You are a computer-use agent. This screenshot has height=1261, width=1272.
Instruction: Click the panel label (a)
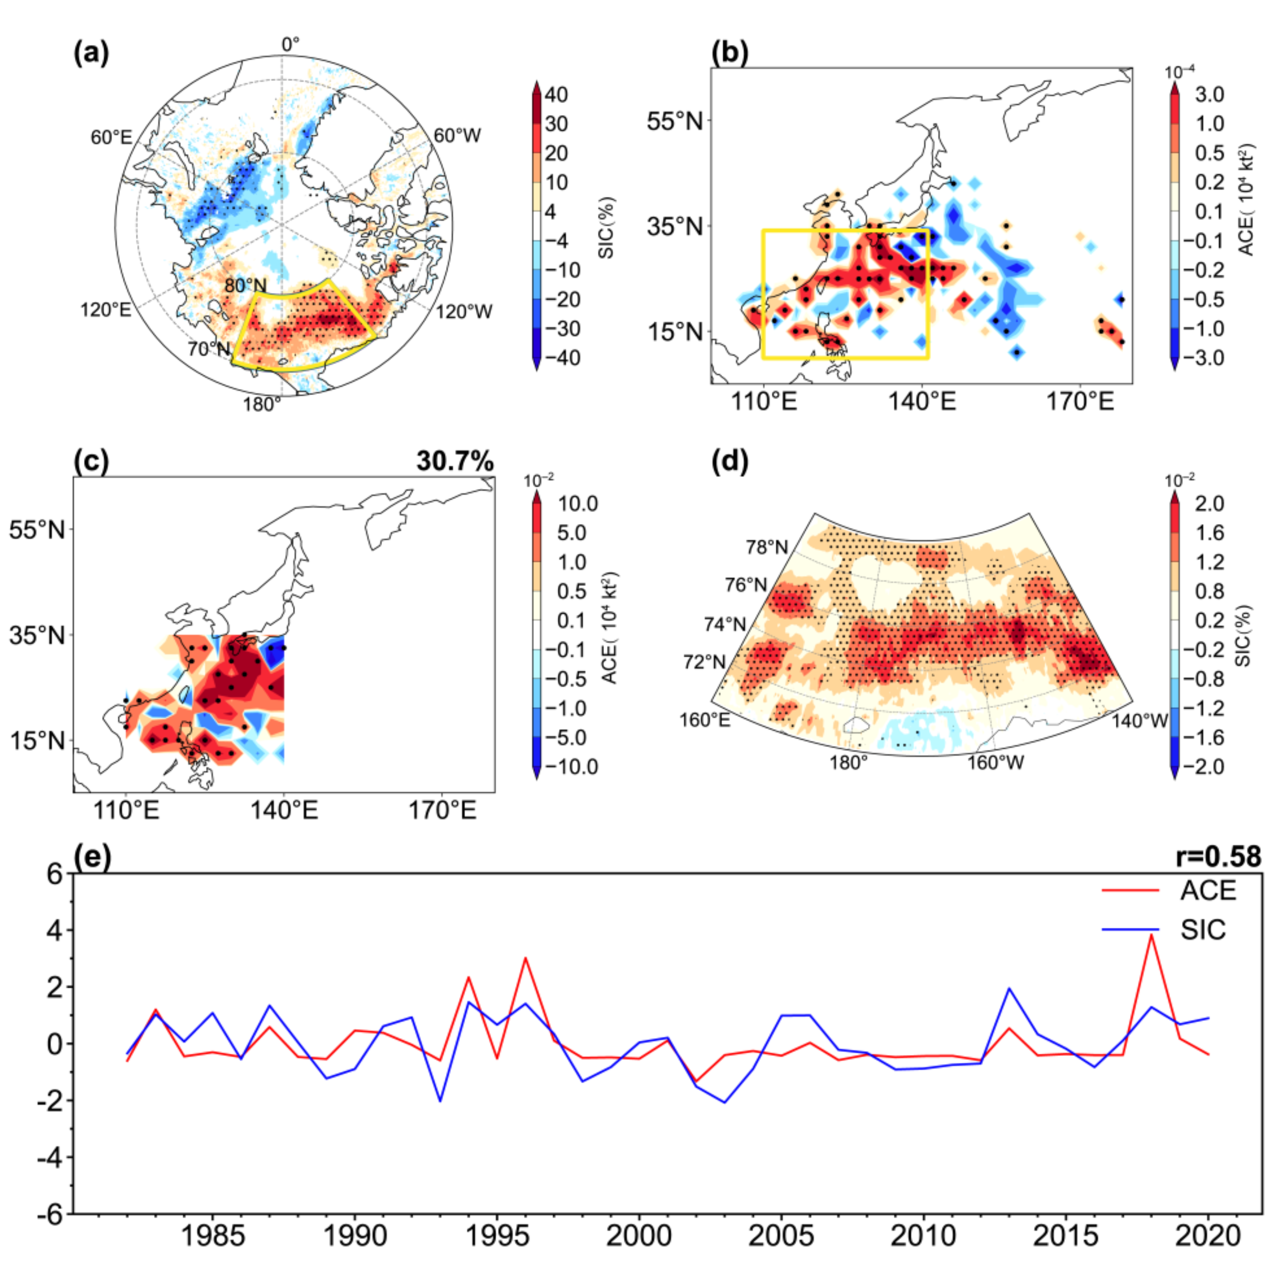[x=91, y=53]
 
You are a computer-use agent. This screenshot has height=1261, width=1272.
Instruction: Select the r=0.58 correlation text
[x=1218, y=856]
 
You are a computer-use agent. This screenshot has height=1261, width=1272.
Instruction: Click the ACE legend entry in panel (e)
[x=1208, y=891]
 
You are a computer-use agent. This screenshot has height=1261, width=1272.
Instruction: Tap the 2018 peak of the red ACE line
[x=1151, y=935]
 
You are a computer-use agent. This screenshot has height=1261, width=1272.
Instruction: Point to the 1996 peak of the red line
[x=525, y=958]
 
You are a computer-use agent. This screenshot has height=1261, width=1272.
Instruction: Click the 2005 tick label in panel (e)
[x=781, y=1235]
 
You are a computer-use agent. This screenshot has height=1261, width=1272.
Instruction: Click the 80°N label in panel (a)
[x=245, y=285]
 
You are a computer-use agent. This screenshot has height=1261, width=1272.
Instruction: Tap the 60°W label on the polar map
[x=457, y=136]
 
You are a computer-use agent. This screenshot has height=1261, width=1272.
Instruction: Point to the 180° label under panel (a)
[x=262, y=404]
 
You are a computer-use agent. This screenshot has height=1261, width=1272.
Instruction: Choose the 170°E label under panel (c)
[x=442, y=810]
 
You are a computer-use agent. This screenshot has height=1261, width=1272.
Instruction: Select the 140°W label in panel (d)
[x=1140, y=721]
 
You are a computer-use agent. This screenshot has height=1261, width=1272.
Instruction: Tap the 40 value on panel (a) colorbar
[x=556, y=95]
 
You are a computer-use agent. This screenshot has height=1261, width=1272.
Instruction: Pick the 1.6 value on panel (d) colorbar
[x=1209, y=532]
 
